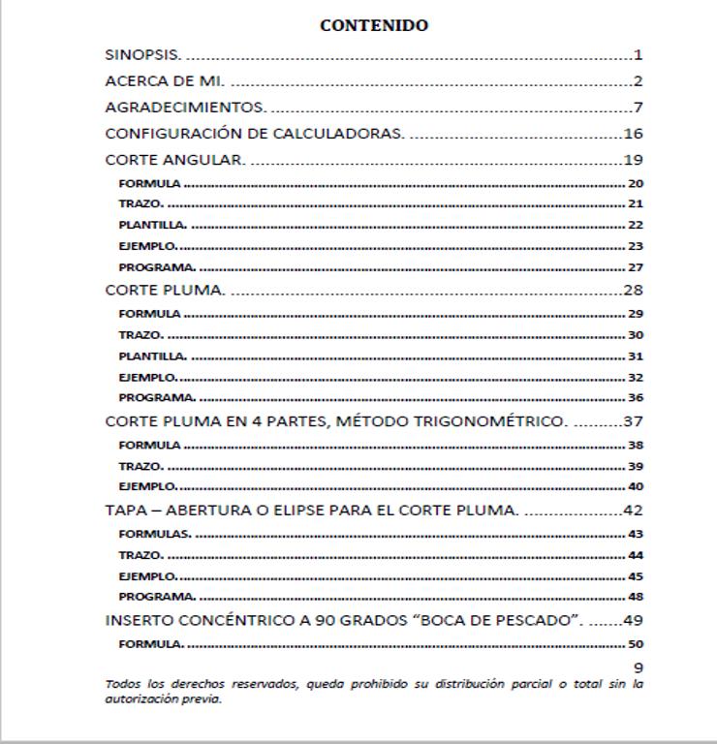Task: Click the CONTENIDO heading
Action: click(374, 26)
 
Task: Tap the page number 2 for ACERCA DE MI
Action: click(639, 81)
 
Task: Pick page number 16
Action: click(634, 134)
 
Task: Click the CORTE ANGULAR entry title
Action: click(175, 160)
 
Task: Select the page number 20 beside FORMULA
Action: click(636, 184)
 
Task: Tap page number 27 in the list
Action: click(636, 267)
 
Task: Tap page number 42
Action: click(634, 511)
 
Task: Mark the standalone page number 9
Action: click(639, 667)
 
